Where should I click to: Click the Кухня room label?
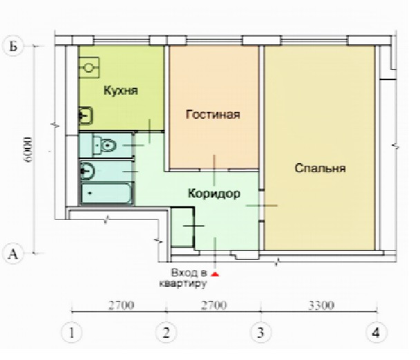[121, 91]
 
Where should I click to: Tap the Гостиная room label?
[213, 115]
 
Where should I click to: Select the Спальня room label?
[319, 168]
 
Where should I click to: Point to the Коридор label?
[214, 194]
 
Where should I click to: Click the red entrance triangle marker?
[215, 274]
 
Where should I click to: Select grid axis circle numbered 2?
[165, 332]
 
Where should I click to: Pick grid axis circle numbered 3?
[260, 332]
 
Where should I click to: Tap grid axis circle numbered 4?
[376, 332]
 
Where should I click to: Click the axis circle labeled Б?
[12, 46]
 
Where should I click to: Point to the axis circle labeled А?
[12, 254]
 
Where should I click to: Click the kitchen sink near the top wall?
[90, 67]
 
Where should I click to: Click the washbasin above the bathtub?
[88, 169]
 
